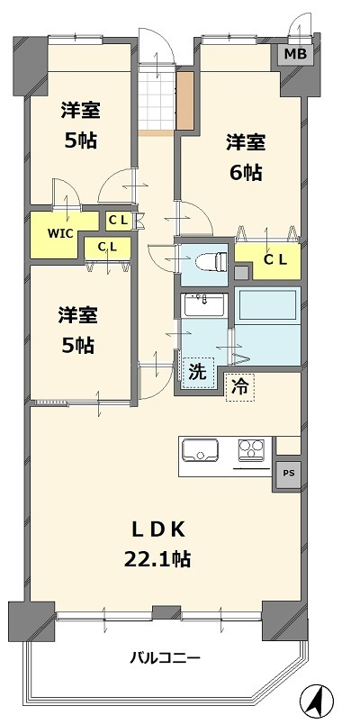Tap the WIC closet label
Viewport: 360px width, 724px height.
tap(60, 233)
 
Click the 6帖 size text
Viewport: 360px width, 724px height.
tap(245, 172)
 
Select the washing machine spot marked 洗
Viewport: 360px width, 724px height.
tap(198, 370)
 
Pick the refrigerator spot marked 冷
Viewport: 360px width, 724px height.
tap(240, 386)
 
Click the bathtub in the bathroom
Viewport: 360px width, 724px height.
tap(268, 308)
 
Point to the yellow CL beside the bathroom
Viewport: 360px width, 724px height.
tap(274, 260)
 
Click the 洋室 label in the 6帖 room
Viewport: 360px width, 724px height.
tap(245, 141)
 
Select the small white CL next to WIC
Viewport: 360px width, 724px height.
tap(118, 220)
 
